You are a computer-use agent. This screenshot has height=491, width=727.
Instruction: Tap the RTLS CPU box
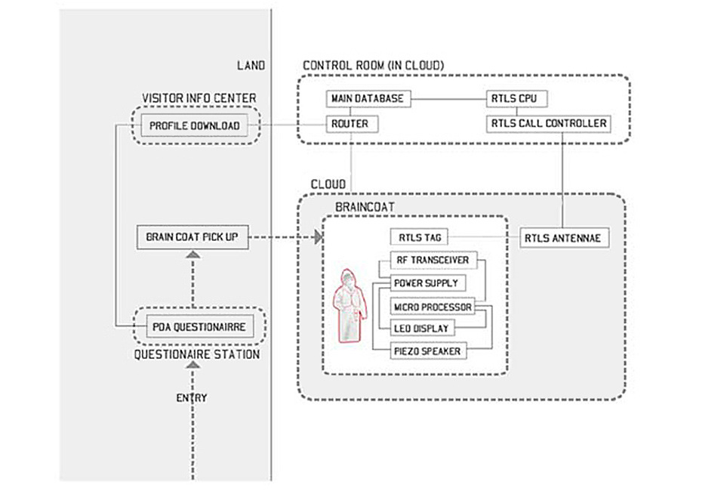click(x=517, y=99)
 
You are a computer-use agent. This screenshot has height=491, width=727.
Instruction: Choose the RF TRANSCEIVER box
click(x=433, y=261)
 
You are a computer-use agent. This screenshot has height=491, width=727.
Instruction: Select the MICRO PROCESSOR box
click(x=433, y=306)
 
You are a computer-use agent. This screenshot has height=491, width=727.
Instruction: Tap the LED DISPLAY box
click(x=421, y=329)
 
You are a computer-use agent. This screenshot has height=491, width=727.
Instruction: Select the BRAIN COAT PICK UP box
click(x=192, y=237)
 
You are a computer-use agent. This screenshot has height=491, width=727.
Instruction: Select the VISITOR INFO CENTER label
click(x=199, y=98)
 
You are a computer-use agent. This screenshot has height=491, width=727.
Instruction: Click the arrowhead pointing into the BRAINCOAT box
click(x=318, y=237)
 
